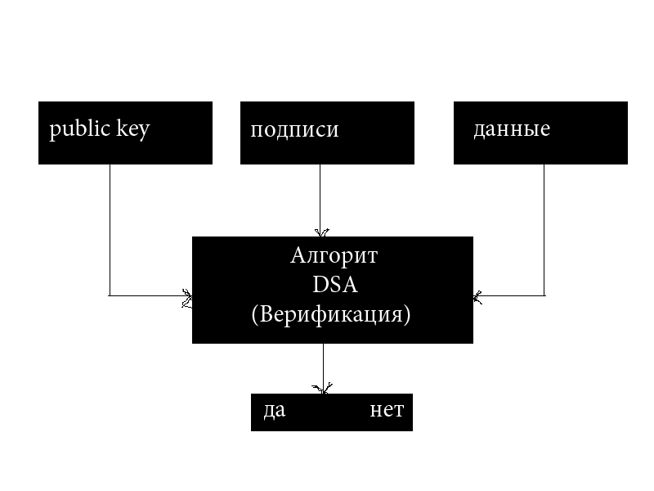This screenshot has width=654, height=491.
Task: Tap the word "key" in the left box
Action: [x=132, y=131]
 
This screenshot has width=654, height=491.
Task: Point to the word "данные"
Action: [x=511, y=129]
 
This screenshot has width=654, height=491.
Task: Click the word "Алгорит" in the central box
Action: [x=334, y=256]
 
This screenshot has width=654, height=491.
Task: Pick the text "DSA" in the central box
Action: [x=334, y=286]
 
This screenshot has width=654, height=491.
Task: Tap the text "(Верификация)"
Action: [x=330, y=314]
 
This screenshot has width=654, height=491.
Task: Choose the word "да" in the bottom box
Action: [x=274, y=410]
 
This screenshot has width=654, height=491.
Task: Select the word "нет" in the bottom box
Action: [x=386, y=410]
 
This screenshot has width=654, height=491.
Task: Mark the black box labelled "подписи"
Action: [x=327, y=151]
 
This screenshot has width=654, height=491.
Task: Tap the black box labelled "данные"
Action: [x=540, y=151]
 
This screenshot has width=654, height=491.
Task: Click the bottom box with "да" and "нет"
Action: [x=331, y=421]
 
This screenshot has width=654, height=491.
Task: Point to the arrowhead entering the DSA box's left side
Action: [x=187, y=295]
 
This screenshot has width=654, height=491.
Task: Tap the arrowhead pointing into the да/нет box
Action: [x=323, y=388]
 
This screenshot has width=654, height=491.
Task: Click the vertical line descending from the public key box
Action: [x=110, y=229]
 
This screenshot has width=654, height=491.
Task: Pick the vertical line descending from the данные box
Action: [x=544, y=229]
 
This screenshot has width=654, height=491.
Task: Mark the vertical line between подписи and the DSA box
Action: [x=320, y=196]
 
